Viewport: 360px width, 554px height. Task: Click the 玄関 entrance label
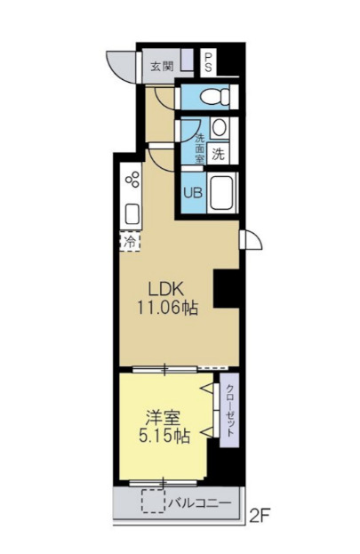161,65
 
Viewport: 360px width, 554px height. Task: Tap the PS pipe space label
208,62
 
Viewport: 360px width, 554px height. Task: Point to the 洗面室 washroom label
199,141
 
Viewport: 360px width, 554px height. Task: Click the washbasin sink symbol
219,128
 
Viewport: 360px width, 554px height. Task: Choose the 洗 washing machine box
218,153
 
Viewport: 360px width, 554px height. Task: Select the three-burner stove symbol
133,181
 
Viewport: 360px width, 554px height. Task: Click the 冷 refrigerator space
130,241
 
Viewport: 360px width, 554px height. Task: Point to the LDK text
165,289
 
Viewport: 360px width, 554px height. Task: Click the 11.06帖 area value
165,308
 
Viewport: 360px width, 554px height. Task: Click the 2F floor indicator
260,513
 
